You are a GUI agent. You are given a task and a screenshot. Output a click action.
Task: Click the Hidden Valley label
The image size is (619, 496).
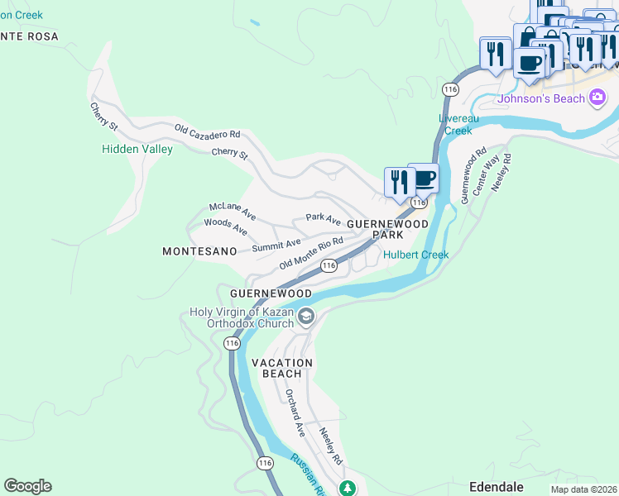137,149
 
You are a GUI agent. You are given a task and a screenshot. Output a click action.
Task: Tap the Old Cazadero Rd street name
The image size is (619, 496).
207,132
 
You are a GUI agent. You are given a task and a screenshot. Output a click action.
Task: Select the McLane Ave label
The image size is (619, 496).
233,211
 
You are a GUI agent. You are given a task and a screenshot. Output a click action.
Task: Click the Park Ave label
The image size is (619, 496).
323,219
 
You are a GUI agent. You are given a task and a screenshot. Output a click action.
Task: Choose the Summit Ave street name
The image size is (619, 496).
276,245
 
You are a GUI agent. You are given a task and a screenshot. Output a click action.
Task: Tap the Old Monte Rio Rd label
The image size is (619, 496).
310,253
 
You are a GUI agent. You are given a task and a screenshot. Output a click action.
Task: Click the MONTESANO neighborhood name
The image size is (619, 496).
199,250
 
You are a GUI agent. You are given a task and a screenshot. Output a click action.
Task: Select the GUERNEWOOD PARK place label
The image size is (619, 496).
387,229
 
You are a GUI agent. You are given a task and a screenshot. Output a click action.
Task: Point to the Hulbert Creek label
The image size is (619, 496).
415,255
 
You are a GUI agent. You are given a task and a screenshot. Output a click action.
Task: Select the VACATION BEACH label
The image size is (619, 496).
282,368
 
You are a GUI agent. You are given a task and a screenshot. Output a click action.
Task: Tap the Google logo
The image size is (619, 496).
27,486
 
